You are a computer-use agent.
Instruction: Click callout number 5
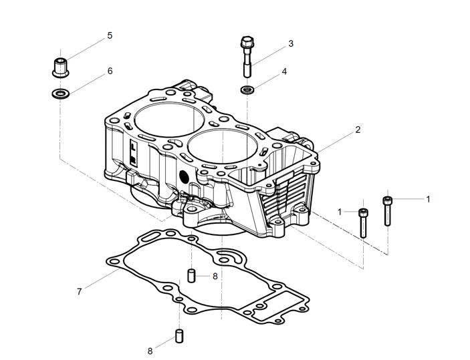click(110, 35)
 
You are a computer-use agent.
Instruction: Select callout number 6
click(110, 71)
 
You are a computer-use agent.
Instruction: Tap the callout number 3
click(291, 44)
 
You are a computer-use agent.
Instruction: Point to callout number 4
click(284, 71)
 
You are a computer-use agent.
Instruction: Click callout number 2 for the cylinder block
click(358, 130)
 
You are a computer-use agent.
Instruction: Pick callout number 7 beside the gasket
click(80, 291)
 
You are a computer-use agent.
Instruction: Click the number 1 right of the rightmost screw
click(428, 198)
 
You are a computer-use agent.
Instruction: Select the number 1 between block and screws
click(340, 212)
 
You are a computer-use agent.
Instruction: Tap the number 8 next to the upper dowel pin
click(215, 275)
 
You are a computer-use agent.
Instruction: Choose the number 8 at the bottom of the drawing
click(150, 350)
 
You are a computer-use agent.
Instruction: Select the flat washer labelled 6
click(59, 93)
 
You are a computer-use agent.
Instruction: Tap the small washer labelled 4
click(248, 89)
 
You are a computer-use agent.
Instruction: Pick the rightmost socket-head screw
click(387, 208)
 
